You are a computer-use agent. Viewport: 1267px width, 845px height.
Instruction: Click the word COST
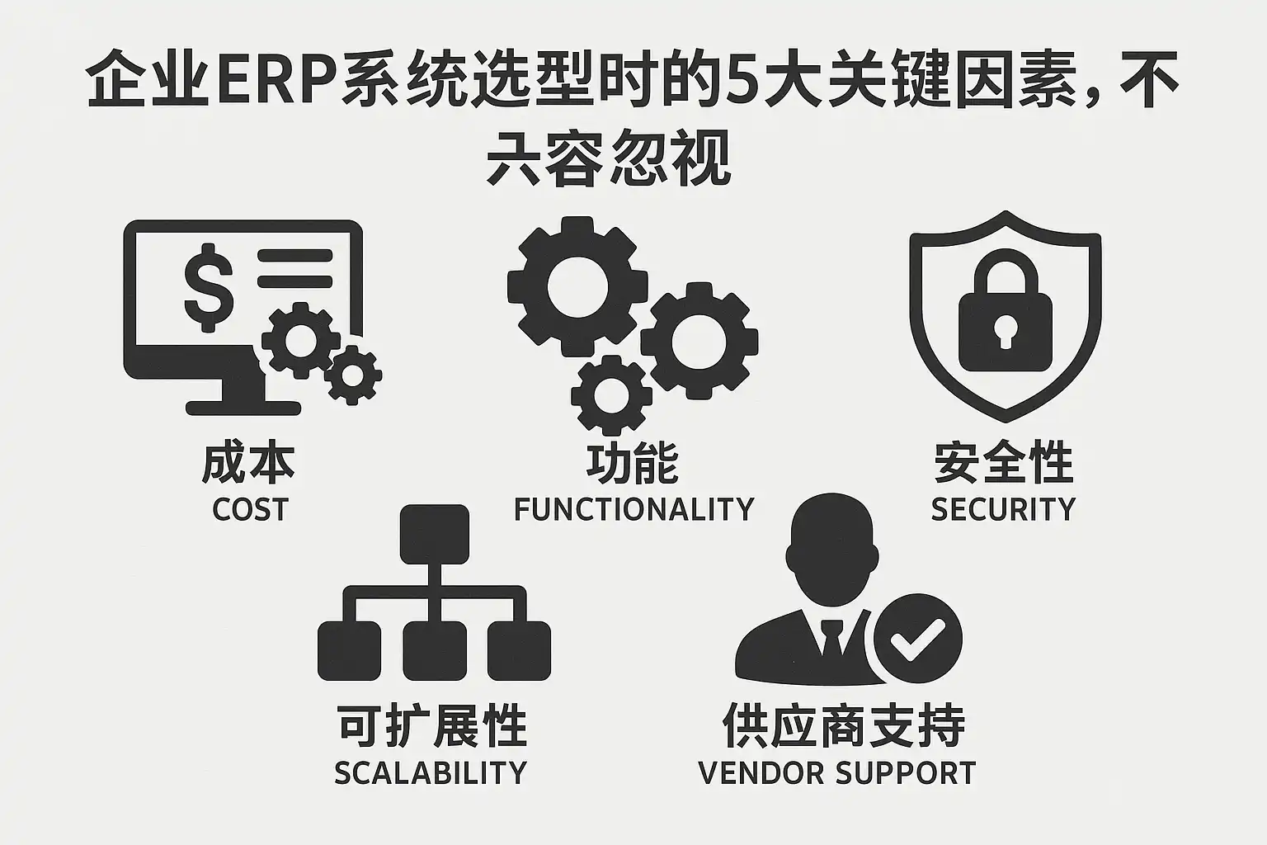[250, 510]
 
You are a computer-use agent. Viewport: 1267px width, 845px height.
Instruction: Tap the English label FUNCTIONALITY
[633, 510]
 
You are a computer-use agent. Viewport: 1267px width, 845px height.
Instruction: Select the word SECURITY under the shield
[1003, 510]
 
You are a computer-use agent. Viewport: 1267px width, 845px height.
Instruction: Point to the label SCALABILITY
[430, 773]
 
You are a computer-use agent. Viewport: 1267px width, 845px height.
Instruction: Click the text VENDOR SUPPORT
[836, 773]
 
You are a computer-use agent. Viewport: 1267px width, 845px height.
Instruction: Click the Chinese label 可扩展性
[431, 725]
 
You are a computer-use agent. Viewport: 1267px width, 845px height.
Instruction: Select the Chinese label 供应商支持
[844, 725]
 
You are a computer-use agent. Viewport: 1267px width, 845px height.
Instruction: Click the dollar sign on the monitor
[208, 286]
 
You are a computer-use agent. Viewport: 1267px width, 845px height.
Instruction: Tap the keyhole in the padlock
[1005, 331]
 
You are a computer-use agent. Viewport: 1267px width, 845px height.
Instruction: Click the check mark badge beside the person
[916, 638]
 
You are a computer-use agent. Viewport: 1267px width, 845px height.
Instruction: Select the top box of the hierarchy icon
[434, 534]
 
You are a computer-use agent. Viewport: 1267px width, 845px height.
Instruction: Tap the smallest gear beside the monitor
[353, 375]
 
